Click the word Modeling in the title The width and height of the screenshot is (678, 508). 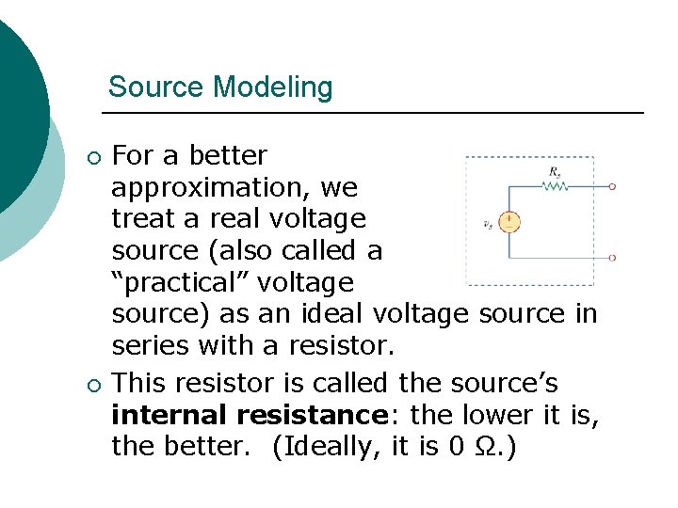pyautogui.click(x=273, y=87)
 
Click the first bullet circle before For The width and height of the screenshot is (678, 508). pyautogui.click(x=91, y=156)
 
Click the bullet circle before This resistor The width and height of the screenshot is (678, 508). pyautogui.click(x=91, y=384)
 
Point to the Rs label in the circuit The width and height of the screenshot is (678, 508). pyautogui.click(x=557, y=171)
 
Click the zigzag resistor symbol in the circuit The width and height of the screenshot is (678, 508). pyautogui.click(x=555, y=186)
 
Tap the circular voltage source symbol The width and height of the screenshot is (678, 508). pyautogui.click(x=508, y=223)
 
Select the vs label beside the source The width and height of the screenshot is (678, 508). pyautogui.click(x=487, y=224)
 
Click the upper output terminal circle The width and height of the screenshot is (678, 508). pyautogui.click(x=613, y=186)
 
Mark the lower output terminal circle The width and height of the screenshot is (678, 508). pyautogui.click(x=613, y=256)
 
